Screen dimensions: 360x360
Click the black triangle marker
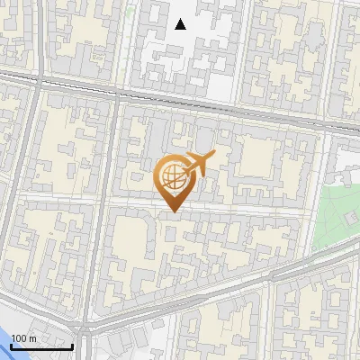pos(181,24)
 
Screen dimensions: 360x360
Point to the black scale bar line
pos(41,346)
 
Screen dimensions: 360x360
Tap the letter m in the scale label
pos(33,338)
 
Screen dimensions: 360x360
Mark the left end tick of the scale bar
pos(11,345)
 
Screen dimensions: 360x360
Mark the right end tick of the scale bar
pos(73,345)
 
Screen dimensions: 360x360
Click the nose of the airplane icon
pos(214,157)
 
